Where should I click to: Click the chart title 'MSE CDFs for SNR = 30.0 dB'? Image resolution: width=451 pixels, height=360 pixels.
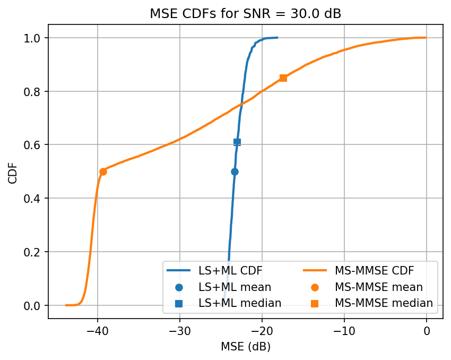[245, 14]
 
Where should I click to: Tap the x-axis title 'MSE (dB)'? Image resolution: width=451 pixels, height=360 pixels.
[245, 347]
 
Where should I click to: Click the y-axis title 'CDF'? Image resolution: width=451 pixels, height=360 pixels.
[12, 172]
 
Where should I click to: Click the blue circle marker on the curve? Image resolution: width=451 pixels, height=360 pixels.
[235, 172]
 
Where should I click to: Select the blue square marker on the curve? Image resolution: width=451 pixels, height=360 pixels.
[237, 142]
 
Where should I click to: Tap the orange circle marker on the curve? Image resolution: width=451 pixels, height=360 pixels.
[103, 172]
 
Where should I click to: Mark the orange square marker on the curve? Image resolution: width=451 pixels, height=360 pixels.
[283, 78]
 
